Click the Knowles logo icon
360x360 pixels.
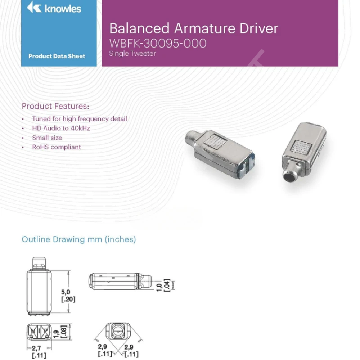34,8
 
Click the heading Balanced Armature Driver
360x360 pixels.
193,28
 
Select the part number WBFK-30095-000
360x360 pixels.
158,43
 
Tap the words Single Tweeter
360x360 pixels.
132,54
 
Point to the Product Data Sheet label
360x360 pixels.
57,56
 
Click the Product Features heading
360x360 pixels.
55,106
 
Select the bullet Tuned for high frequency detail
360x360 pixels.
79,119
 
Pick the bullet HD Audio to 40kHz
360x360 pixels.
61,128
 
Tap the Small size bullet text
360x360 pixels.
47,138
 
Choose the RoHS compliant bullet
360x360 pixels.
57,147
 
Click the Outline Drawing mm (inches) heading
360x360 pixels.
79,239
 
